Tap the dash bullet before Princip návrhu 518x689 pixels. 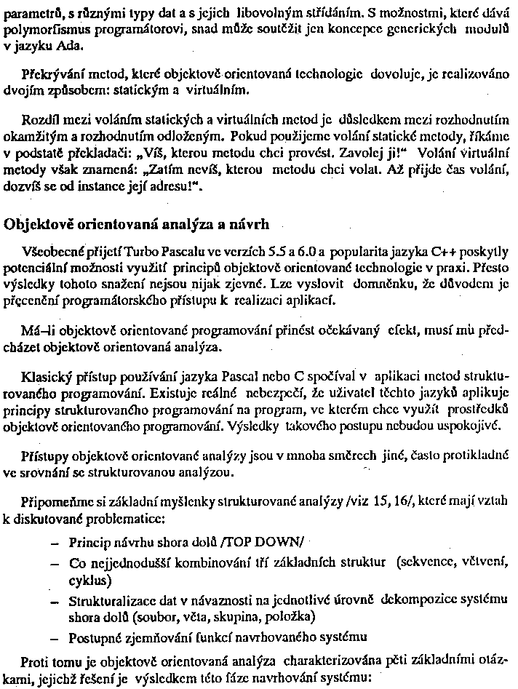56,543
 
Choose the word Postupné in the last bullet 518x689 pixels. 94,639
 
